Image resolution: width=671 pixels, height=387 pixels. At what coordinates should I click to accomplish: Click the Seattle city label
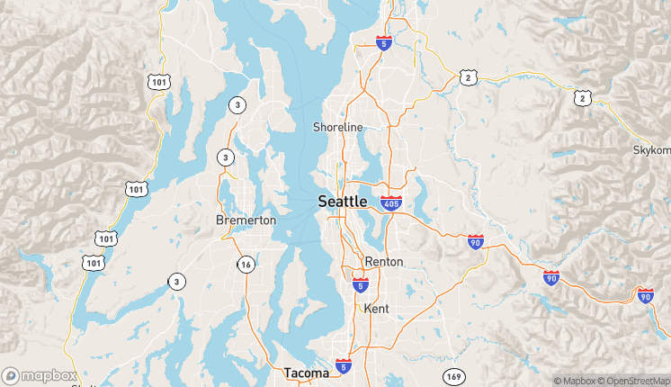[343, 202]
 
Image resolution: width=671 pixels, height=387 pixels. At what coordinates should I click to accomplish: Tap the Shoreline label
[337, 127]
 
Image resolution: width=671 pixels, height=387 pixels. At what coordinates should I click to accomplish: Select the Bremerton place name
[246, 220]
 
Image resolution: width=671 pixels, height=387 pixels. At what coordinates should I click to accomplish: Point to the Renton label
[384, 262]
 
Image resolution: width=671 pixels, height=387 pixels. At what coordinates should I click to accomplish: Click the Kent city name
[376, 309]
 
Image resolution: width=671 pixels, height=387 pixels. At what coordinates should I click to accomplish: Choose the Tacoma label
[307, 373]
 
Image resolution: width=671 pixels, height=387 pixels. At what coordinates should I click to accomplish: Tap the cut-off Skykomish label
[652, 149]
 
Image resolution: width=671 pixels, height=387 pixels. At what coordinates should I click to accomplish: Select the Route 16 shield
[246, 264]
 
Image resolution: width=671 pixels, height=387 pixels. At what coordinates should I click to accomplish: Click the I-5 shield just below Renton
[360, 285]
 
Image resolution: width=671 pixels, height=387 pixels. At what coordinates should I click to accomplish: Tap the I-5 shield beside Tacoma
[344, 365]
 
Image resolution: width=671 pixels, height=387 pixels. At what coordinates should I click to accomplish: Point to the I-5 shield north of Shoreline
[384, 42]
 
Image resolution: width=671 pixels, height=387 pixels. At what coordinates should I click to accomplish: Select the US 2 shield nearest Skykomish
[584, 97]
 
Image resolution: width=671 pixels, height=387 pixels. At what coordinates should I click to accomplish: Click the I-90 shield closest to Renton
[475, 240]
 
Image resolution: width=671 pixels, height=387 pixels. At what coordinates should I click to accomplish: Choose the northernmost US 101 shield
[157, 81]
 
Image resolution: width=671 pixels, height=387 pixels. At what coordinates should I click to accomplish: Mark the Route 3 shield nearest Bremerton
[225, 157]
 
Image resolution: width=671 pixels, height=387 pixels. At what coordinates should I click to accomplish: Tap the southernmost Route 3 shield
[176, 282]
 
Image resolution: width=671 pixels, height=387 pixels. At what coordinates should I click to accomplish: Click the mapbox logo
[39, 375]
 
